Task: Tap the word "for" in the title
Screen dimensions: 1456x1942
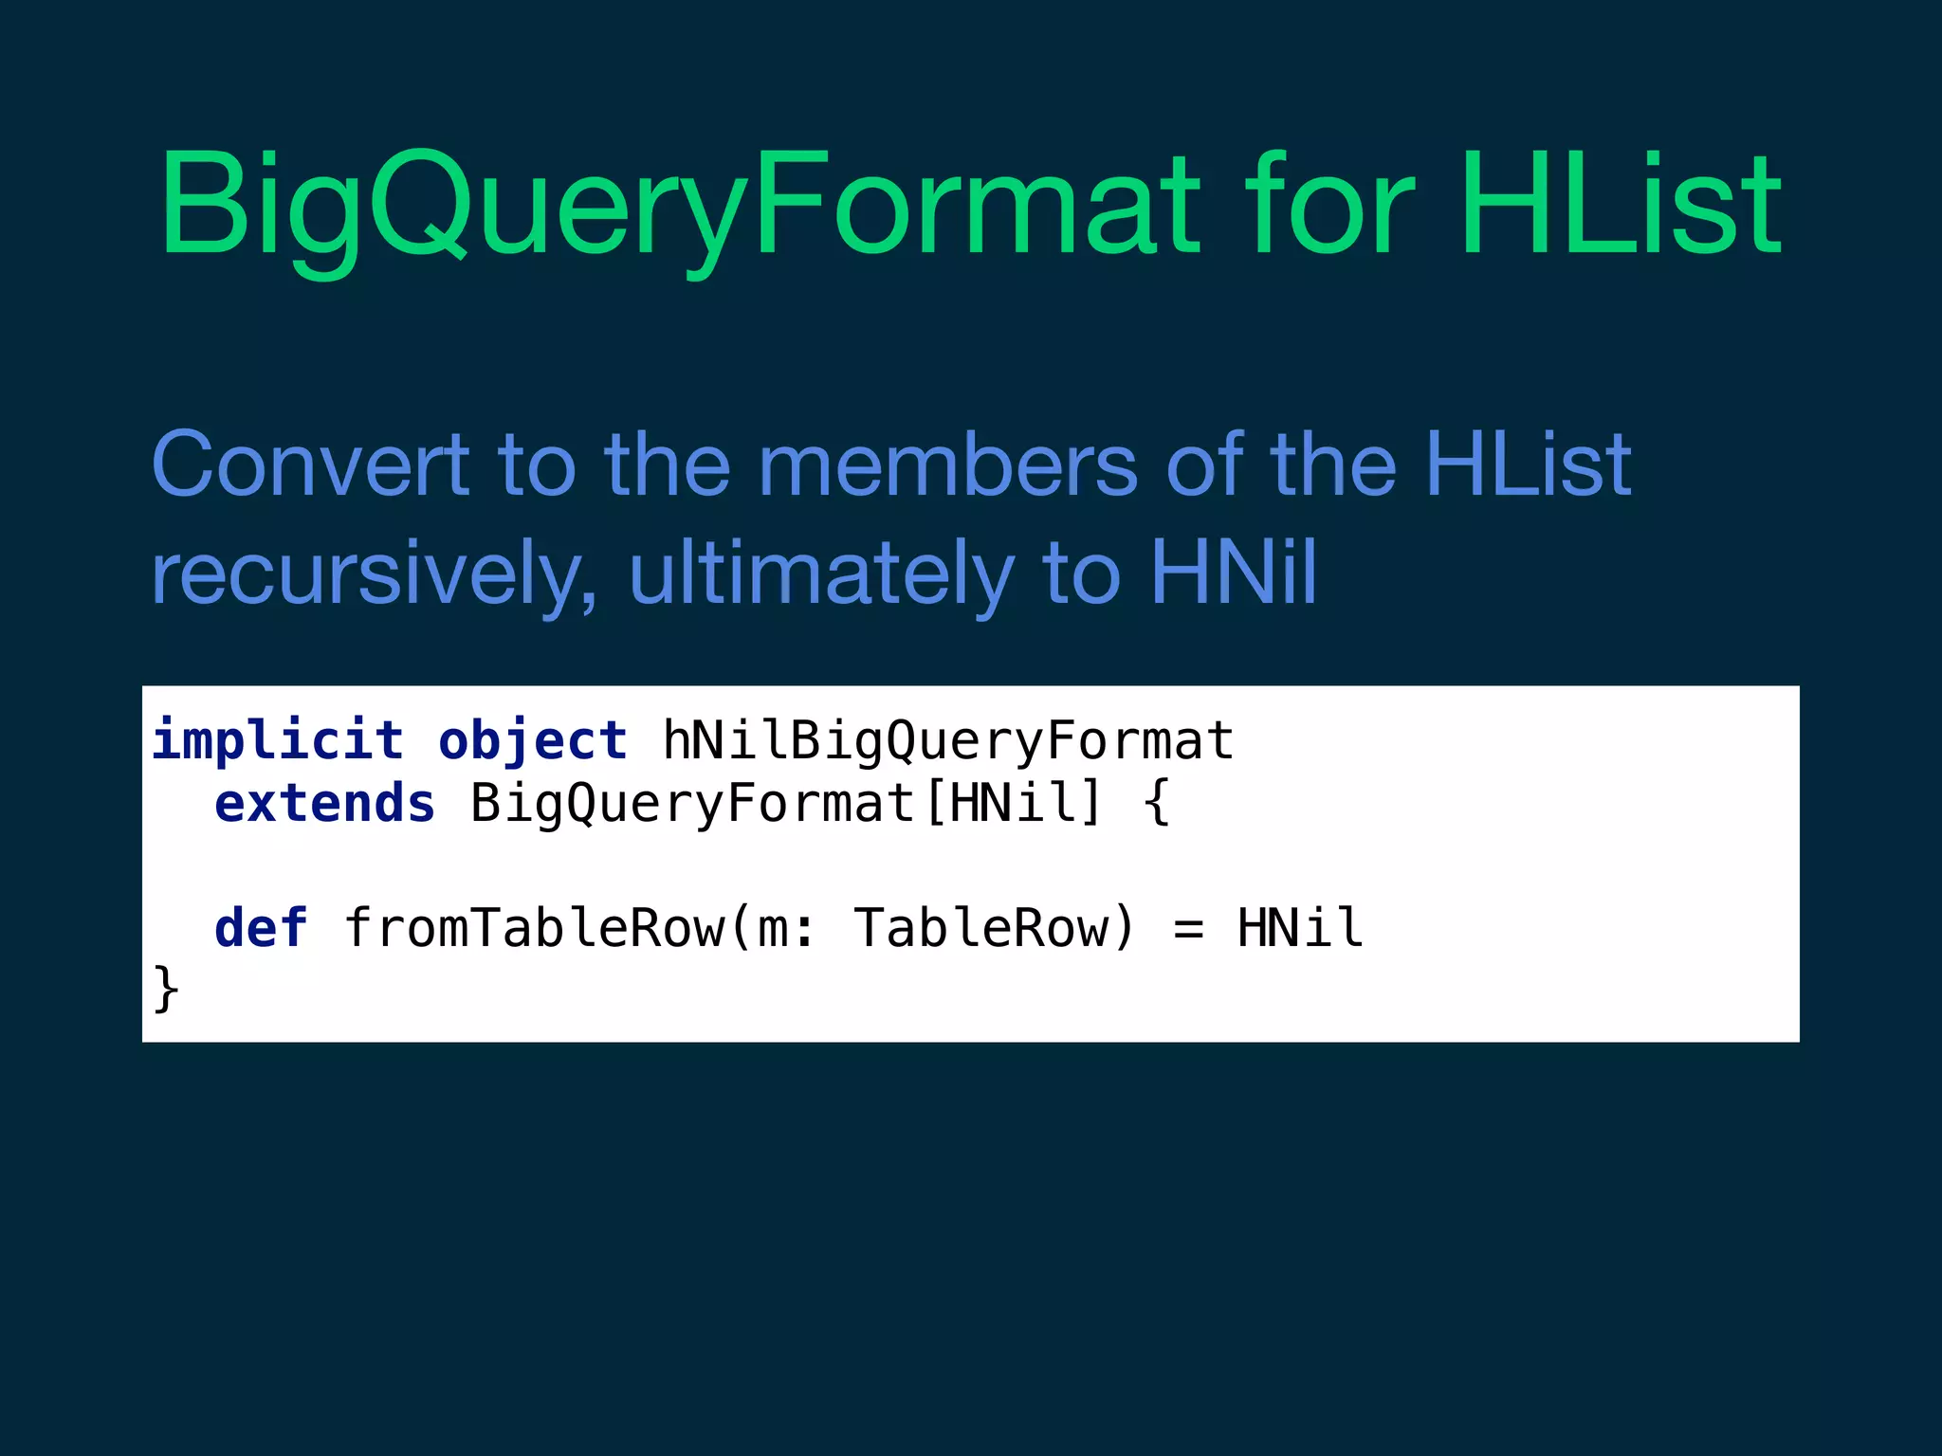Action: tap(1329, 204)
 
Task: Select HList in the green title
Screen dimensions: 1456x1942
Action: tap(1621, 204)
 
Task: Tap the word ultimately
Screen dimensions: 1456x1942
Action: tap(821, 573)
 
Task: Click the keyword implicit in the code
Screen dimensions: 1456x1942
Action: tap(278, 740)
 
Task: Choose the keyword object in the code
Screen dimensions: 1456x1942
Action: tap(533, 740)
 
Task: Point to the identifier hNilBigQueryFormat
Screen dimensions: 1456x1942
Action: tap(948, 740)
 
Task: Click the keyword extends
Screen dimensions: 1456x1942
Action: tap(324, 804)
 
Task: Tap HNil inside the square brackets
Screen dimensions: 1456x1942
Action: tap(1013, 803)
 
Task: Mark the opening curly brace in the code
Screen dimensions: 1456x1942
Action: tap(1157, 804)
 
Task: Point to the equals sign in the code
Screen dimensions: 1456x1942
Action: tap(1188, 929)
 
